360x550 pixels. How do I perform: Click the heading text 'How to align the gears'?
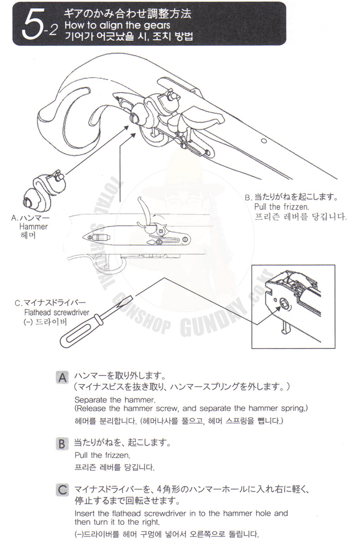[117, 25]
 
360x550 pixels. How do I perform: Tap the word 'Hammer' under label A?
[33, 226]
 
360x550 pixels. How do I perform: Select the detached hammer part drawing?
[45, 190]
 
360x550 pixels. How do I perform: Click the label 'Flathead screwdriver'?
[57, 313]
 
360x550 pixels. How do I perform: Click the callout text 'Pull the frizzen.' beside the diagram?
[282, 207]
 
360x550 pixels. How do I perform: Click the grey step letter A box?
[62, 378]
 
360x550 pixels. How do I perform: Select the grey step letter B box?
[62, 444]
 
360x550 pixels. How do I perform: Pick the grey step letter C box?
[62, 489]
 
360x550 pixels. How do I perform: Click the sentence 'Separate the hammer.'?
[115, 400]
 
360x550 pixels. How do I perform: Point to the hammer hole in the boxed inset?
[284, 304]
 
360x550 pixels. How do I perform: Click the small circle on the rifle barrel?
[264, 141]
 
